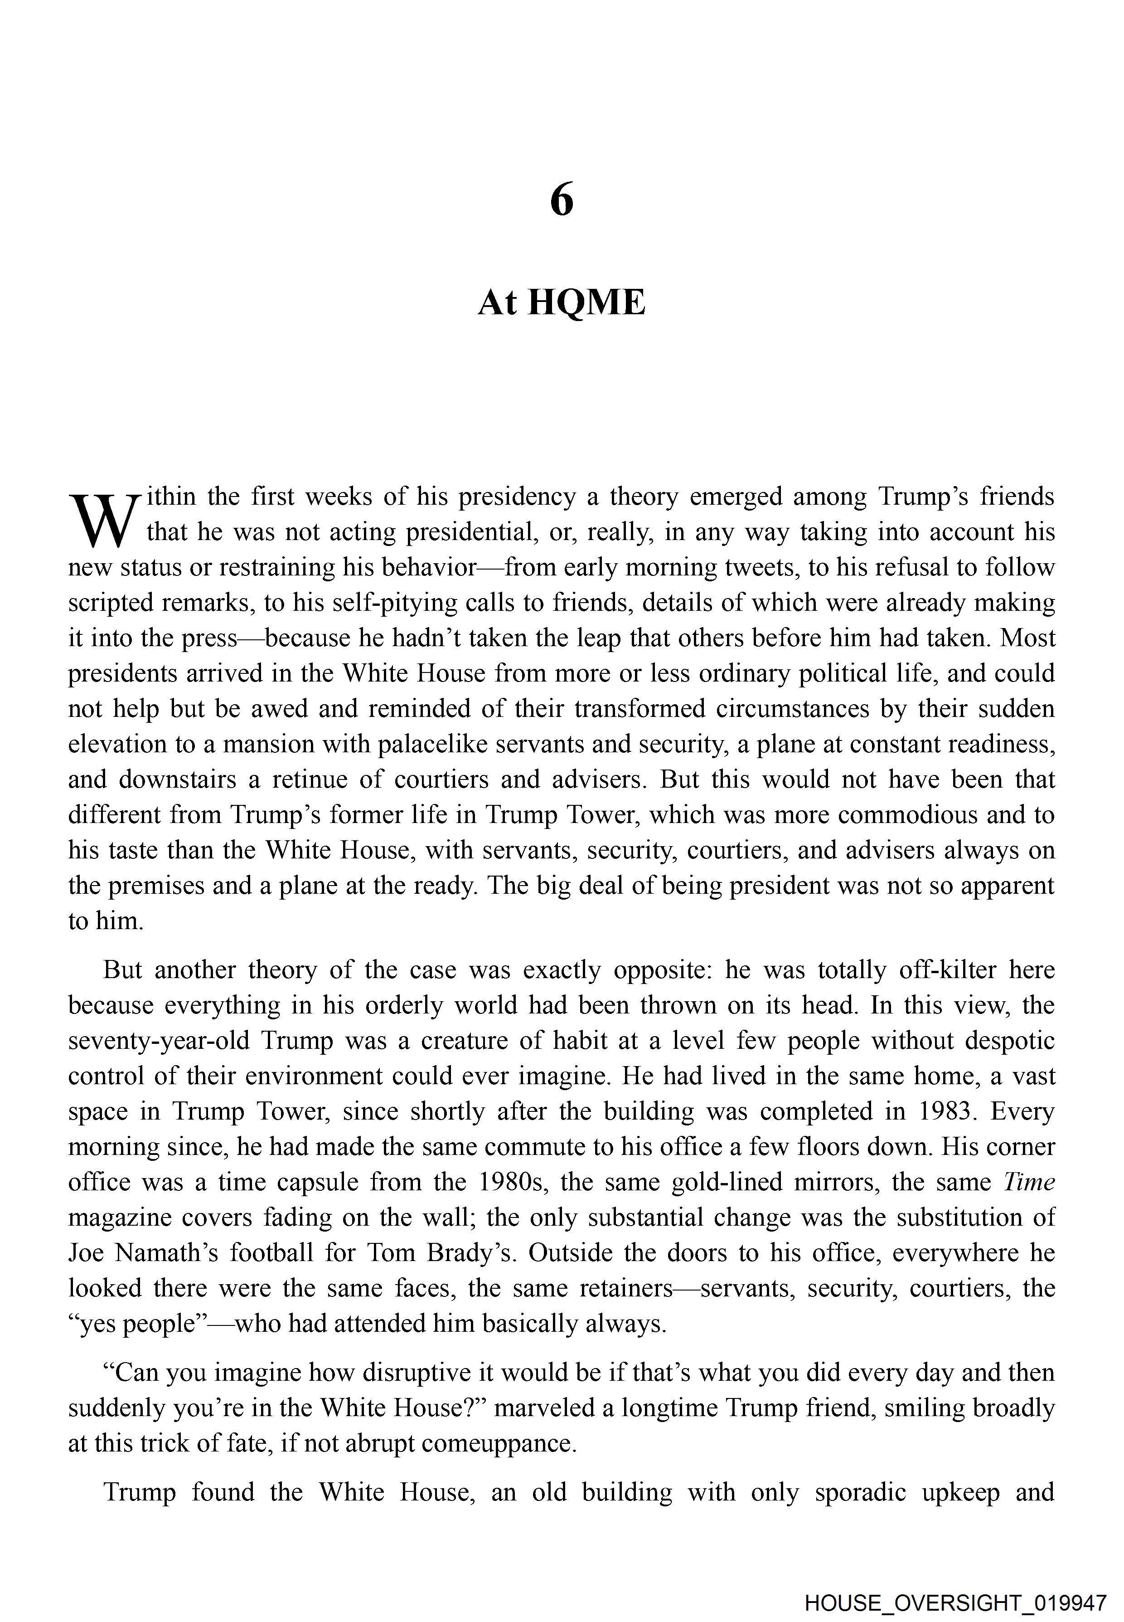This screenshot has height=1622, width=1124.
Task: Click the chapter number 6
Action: (x=561, y=201)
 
